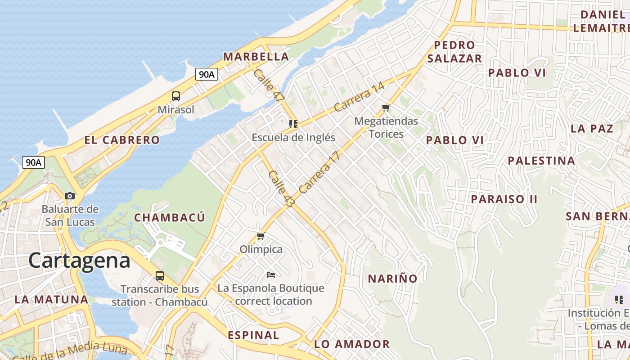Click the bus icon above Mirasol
(176, 96)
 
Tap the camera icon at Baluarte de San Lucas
(70, 196)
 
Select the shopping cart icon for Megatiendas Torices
(386, 108)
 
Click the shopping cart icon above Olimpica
(261, 236)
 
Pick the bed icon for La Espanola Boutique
(271, 274)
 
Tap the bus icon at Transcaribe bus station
(159, 275)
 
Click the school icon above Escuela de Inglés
(293, 124)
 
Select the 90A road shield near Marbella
(207, 74)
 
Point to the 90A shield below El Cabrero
(33, 162)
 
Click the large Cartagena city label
(80, 261)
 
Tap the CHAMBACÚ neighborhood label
(170, 218)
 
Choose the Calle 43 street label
(281, 189)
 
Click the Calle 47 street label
(269, 85)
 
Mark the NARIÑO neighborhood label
(393, 279)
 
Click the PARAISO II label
(504, 199)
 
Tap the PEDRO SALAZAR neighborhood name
(454, 52)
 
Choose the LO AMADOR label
(352, 344)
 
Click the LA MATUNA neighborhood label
(51, 299)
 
